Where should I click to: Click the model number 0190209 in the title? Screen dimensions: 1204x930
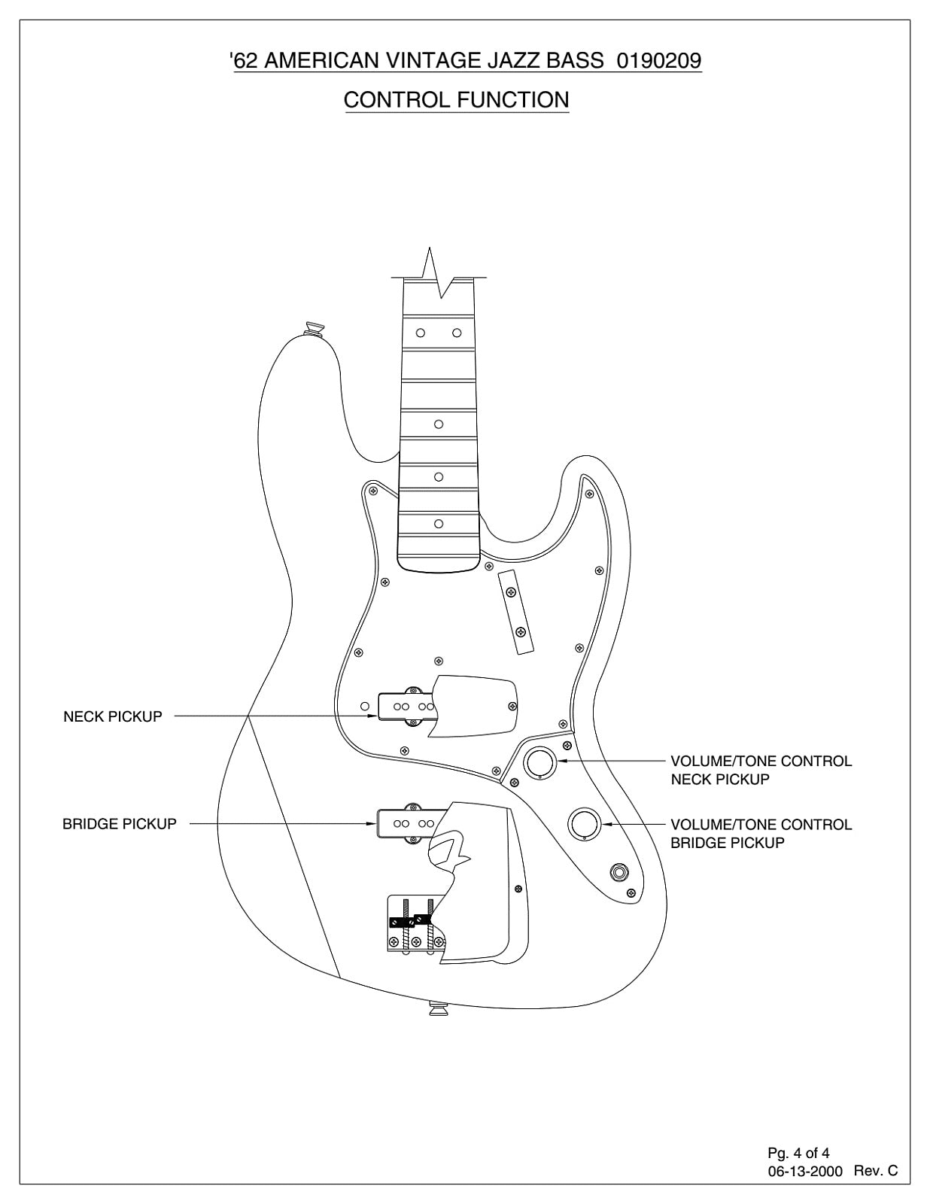tap(658, 60)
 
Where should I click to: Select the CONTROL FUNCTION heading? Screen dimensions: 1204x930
tap(456, 99)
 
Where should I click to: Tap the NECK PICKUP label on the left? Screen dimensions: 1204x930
tap(113, 716)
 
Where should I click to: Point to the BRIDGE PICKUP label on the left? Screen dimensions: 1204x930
tap(120, 824)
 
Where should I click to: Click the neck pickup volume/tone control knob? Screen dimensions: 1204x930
tap(539, 762)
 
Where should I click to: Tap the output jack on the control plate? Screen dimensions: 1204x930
tap(622, 873)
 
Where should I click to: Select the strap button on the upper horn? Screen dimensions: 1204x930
tap(314, 328)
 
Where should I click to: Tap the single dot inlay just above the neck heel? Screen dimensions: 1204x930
tap(439, 524)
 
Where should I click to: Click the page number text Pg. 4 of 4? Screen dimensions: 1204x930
tap(798, 1153)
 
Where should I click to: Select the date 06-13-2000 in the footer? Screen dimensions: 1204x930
tap(804, 1171)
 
